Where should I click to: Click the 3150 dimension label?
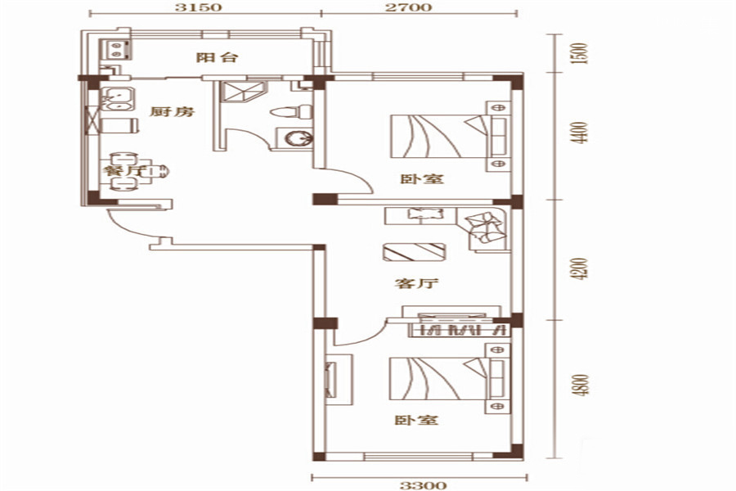pos(204,7)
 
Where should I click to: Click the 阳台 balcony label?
pos(218,58)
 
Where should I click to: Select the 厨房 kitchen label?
pos(173,112)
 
